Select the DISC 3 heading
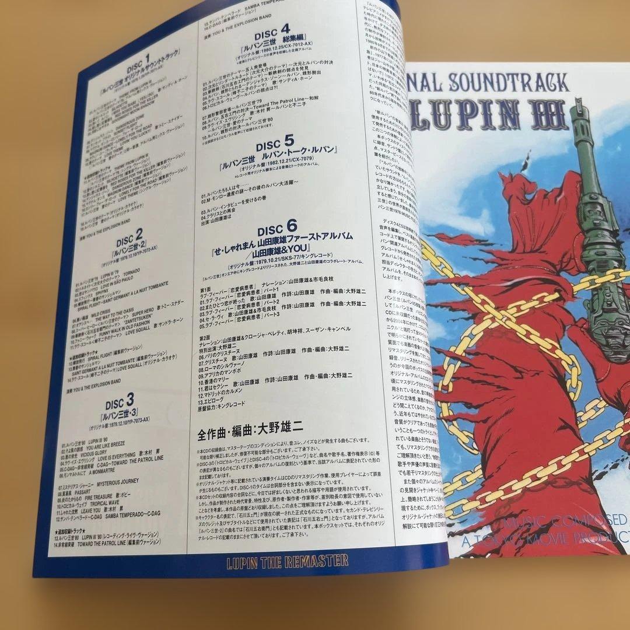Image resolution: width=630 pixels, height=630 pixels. point(121,401)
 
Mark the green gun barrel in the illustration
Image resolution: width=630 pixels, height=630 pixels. point(586,175)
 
